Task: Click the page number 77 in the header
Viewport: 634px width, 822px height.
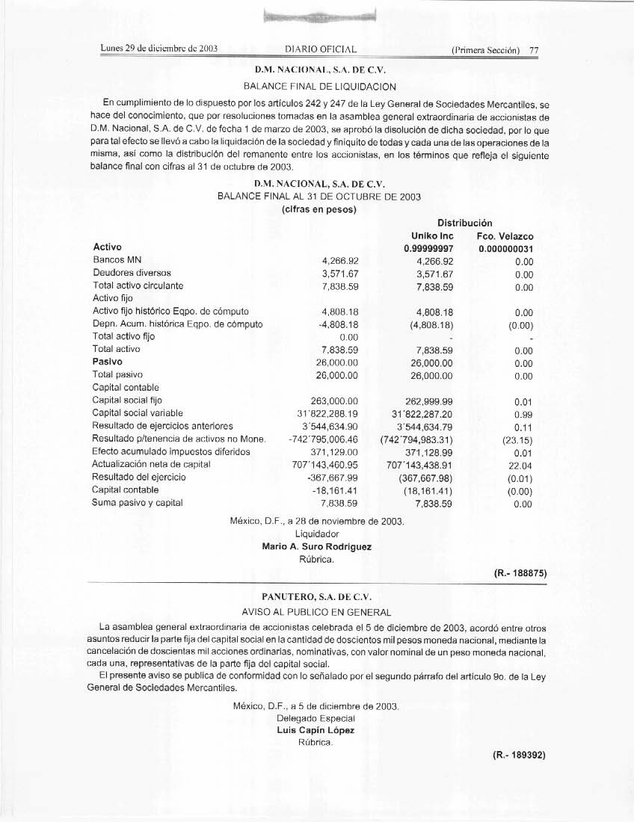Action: tap(534, 51)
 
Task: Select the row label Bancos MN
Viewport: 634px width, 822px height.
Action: tap(112, 261)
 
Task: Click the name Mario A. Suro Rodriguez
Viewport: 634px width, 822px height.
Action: tap(317, 546)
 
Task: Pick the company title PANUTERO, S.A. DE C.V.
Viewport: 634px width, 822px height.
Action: tap(316, 597)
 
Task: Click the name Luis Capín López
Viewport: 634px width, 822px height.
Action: tap(316, 730)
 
